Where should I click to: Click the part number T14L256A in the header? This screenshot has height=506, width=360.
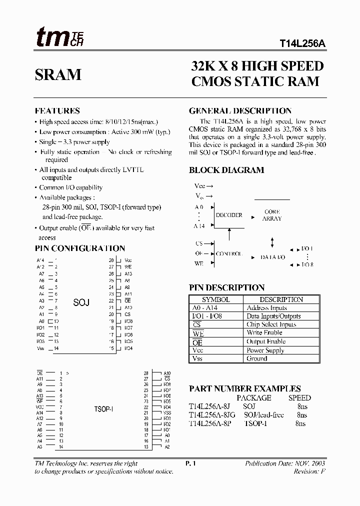(302, 43)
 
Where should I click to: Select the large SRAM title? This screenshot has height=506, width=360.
(58, 75)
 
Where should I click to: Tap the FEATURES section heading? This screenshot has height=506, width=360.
(57, 111)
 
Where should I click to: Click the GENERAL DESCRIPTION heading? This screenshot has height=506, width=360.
(240, 111)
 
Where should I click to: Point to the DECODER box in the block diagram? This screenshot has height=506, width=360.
(228, 215)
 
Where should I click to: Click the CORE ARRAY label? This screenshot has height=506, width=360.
(272, 215)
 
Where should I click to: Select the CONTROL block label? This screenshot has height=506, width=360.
(229, 253)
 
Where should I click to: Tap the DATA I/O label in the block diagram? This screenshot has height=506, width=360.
(272, 257)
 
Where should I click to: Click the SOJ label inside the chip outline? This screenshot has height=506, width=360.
(81, 302)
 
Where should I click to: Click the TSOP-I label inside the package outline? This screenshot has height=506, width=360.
(103, 409)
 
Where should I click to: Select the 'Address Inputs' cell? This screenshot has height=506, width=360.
(266, 308)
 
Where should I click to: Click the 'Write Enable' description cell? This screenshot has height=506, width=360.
(264, 333)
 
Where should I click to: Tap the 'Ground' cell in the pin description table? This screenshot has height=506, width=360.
(257, 358)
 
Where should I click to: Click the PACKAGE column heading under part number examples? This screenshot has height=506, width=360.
(253, 398)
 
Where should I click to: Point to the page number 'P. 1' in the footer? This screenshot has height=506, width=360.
(190, 463)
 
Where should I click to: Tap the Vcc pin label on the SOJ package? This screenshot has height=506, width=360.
(128, 260)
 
